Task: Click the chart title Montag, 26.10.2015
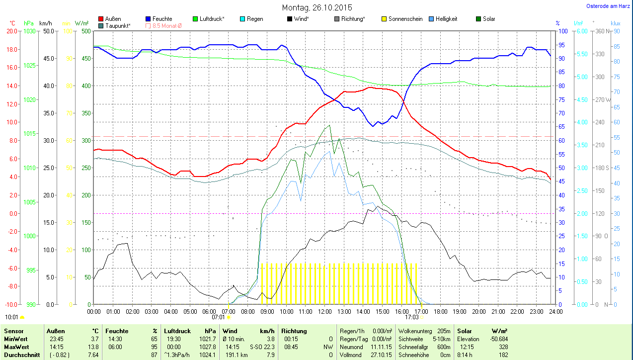coord(317,7)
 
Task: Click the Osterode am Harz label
coord(609,6)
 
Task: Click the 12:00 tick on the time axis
coord(324,311)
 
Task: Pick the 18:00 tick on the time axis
coord(440,311)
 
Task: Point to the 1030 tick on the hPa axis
coord(30,31)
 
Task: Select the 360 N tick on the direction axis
coord(603,31)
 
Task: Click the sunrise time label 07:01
coord(218,317)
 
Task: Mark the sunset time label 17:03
coord(411,317)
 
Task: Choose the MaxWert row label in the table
coord(16,347)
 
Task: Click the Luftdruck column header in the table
coord(177,331)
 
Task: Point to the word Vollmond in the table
coord(351,355)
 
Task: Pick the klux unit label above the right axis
coord(616,23)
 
